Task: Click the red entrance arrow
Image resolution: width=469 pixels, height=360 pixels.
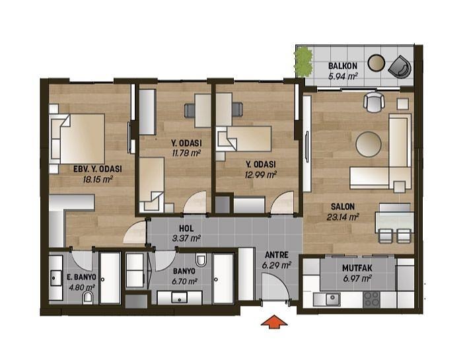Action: (274, 322)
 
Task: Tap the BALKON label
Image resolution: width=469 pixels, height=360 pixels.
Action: (342, 66)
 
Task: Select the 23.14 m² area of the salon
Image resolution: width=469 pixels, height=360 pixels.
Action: (343, 217)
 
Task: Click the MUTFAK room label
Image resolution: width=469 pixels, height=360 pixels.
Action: (357, 268)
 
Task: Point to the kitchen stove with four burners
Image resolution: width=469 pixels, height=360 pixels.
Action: (371, 299)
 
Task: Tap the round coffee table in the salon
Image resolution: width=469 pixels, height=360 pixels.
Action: (369, 144)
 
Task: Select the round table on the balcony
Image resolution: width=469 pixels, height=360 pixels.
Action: (376, 63)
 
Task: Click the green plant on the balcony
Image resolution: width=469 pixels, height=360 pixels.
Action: (303, 62)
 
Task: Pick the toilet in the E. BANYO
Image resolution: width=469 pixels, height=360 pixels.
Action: (88, 297)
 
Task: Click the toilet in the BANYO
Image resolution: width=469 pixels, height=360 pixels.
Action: (201, 260)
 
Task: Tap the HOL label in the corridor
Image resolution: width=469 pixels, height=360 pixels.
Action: (186, 229)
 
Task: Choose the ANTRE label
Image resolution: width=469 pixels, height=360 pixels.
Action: (277, 255)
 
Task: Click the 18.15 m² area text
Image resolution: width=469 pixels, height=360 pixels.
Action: (98, 180)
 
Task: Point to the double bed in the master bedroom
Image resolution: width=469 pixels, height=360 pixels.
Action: (78, 139)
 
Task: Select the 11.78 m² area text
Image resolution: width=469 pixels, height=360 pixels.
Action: (186, 154)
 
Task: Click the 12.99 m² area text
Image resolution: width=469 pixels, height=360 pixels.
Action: (260, 174)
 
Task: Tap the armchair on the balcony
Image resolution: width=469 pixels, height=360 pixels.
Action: (400, 67)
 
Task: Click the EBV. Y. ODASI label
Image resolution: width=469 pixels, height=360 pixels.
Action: (98, 169)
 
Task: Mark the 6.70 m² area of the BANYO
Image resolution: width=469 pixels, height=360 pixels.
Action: (184, 281)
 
